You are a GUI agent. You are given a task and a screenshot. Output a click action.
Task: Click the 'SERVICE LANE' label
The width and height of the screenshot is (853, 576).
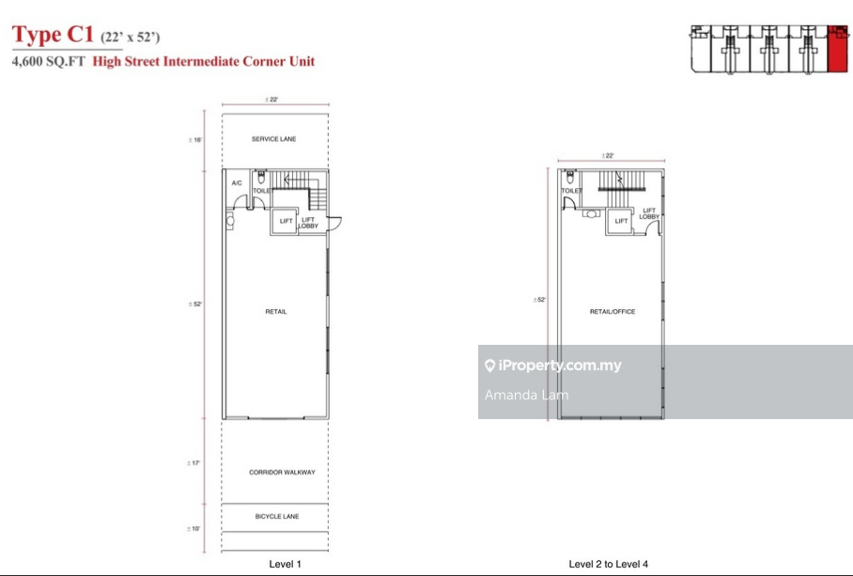pyautogui.click(x=274, y=139)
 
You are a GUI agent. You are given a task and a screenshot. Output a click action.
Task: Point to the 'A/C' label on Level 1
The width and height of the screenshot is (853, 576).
pyautogui.click(x=237, y=183)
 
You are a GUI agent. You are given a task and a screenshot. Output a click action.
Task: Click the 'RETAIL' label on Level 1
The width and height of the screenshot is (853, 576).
pyautogui.click(x=275, y=312)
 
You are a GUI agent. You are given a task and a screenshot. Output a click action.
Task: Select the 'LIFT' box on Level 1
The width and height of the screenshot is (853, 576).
pyautogui.click(x=284, y=222)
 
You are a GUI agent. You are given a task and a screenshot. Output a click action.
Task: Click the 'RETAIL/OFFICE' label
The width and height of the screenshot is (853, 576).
pyautogui.click(x=613, y=312)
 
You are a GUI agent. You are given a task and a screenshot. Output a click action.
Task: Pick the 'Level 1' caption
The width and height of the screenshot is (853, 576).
pyautogui.click(x=286, y=564)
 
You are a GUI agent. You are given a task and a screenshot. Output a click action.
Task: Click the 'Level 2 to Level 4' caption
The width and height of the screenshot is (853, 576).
pyautogui.click(x=609, y=564)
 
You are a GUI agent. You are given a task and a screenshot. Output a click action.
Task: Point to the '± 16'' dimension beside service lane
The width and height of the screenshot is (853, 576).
pyautogui.click(x=195, y=141)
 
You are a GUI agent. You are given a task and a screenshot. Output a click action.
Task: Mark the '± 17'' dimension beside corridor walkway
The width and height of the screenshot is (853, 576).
pyautogui.click(x=195, y=463)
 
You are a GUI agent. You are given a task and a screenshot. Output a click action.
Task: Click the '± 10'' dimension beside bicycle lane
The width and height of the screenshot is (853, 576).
pyautogui.click(x=195, y=529)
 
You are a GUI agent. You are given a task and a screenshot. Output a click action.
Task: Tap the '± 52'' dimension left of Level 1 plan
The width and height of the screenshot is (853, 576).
pyautogui.click(x=195, y=304)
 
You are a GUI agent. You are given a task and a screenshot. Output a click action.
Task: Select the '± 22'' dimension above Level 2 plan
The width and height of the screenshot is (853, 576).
pyautogui.click(x=609, y=156)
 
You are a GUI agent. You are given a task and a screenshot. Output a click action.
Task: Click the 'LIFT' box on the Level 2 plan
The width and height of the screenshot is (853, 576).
pyautogui.click(x=621, y=221)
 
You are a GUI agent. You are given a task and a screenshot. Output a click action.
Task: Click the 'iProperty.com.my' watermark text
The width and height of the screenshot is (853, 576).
pyautogui.click(x=560, y=366)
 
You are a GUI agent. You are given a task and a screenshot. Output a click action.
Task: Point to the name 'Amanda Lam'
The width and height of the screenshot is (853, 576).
pyautogui.click(x=526, y=395)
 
